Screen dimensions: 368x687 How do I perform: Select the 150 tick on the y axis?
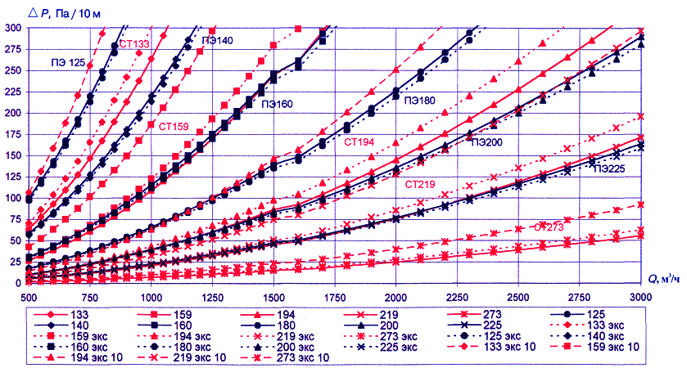(x=14, y=155)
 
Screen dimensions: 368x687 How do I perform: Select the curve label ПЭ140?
(x=216, y=40)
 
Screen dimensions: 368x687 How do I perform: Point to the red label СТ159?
(x=174, y=126)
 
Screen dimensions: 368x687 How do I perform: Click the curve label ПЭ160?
(x=278, y=104)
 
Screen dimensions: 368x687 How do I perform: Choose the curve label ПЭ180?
(x=419, y=101)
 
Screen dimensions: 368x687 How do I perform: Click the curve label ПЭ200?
(x=486, y=142)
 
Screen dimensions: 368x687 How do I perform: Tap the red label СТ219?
(x=421, y=184)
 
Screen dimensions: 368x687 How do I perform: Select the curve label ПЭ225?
(x=610, y=169)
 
